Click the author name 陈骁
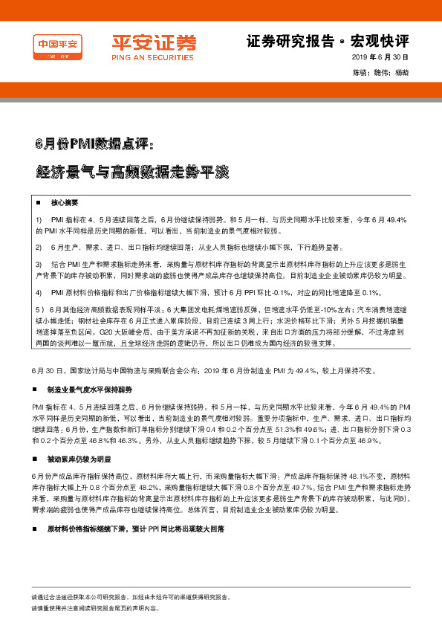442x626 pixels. pyautogui.click(x=360, y=73)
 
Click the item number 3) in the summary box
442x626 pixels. pyautogui.click(x=39, y=265)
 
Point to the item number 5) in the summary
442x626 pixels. pyautogui.click(x=39, y=309)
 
